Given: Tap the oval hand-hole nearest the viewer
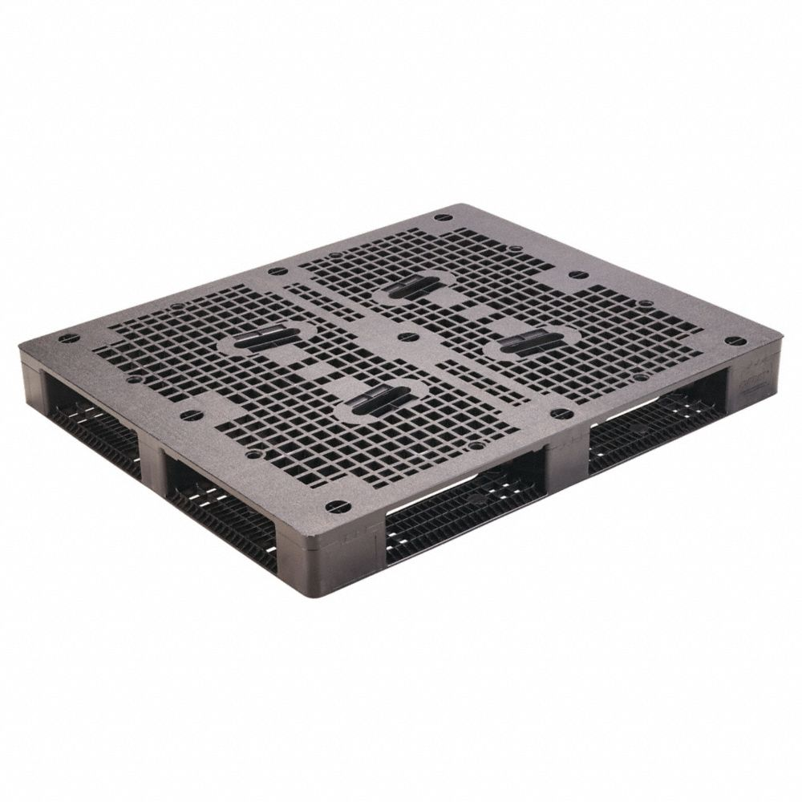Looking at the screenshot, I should point(376,399).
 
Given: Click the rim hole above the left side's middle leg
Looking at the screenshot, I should point(190,415).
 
